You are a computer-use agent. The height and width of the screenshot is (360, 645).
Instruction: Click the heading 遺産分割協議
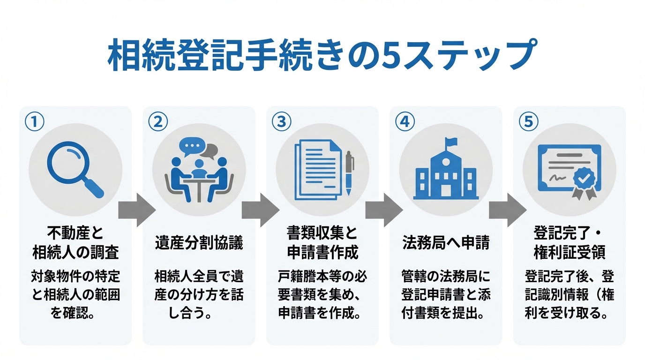point(199,243)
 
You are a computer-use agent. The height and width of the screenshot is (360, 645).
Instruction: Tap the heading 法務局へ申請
point(446,243)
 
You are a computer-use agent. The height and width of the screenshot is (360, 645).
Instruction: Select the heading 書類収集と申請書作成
point(322,243)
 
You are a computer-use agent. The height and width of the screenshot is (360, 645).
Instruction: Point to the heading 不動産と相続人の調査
point(75,243)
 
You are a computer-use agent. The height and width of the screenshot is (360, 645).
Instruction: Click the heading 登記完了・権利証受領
point(570,243)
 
